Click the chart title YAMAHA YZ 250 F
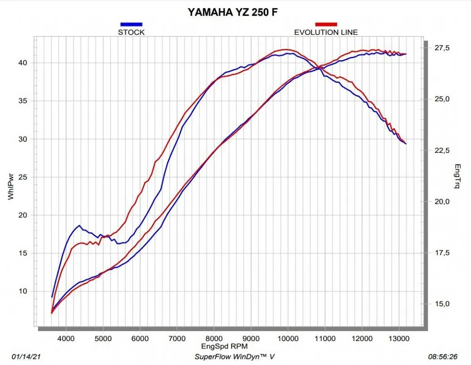pyautogui.click(x=233, y=12)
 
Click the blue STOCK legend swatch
pyautogui.click(x=131, y=24)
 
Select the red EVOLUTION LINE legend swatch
pyautogui.click(x=326, y=24)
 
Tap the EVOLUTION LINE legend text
pyautogui.click(x=326, y=32)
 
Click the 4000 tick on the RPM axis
pyautogui.click(x=66, y=337)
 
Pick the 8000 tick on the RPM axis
pyautogui.click(x=214, y=337)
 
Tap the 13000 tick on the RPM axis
pyautogui.click(x=398, y=337)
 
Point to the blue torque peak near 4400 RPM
pyautogui.click(x=80, y=226)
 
